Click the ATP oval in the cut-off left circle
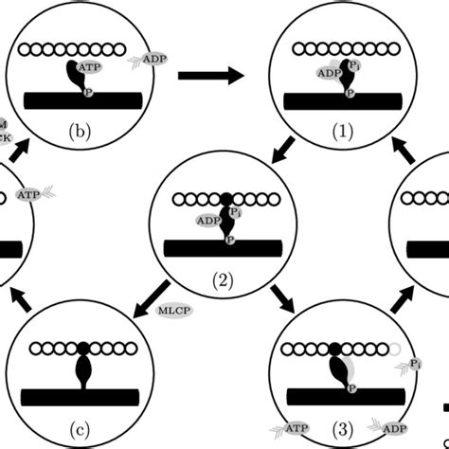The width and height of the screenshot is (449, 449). pos(29,196)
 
